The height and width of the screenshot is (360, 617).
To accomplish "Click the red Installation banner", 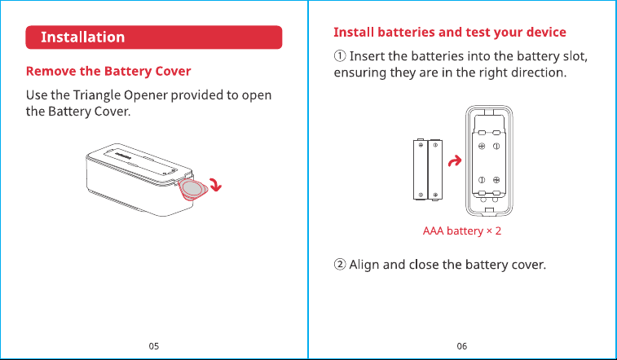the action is tap(154, 37).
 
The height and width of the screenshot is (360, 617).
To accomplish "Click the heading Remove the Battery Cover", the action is tap(108, 71).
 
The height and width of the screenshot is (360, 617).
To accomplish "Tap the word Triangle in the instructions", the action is tap(97, 95).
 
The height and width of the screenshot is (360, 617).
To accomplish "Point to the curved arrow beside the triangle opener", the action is tap(216, 184).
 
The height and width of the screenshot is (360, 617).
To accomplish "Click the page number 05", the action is tap(154, 346).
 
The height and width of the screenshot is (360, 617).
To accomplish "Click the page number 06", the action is tap(462, 346).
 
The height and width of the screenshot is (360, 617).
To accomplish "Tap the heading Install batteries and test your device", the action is tap(450, 33).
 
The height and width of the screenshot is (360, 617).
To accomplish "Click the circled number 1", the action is tap(340, 56).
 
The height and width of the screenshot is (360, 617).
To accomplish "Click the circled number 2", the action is tap(340, 265).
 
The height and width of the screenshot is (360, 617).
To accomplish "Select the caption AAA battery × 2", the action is tap(462, 230).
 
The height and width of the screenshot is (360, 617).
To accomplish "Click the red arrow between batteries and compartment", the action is tap(455, 160).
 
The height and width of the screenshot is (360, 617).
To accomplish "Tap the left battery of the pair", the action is tap(421, 169).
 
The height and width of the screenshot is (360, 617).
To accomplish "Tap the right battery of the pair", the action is tap(435, 169).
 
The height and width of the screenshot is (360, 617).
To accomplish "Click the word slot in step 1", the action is tap(575, 56).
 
